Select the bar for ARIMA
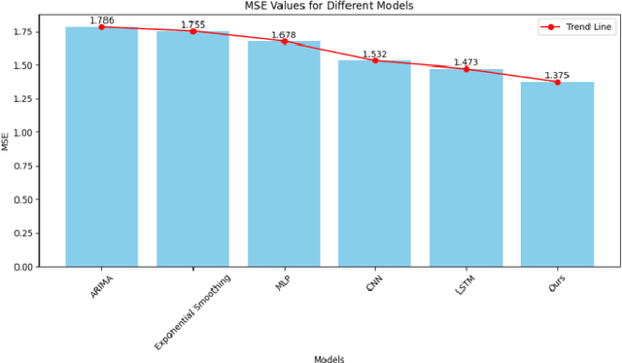click(x=101, y=146)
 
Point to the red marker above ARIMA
click(x=101, y=27)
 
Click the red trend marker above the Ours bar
click(x=557, y=82)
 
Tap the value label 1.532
click(x=375, y=54)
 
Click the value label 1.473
click(x=466, y=62)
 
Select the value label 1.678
click(x=284, y=35)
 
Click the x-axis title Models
click(x=328, y=357)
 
